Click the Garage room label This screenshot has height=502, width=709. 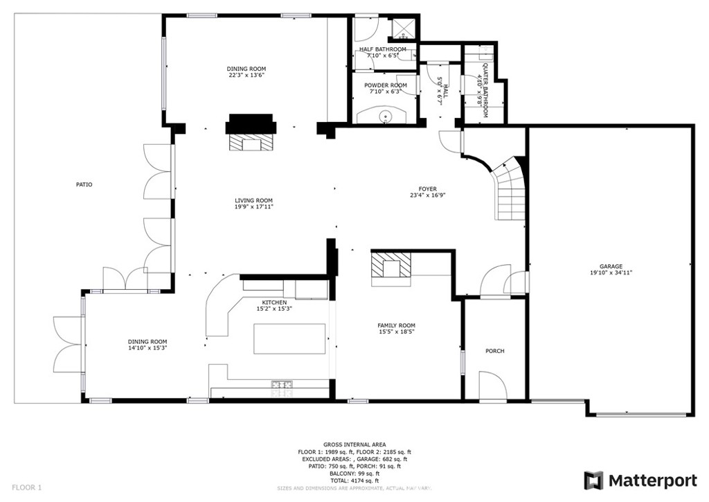coord(611,266)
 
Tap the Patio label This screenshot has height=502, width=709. coord(84,184)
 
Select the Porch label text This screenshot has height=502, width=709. coord(494,351)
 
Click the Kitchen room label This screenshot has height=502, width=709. coord(274,302)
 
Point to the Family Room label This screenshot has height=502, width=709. coord(396,325)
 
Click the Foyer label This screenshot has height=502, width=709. coord(427,189)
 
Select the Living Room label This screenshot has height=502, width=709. coord(253,200)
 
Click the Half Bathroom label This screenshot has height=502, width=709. coord(382,49)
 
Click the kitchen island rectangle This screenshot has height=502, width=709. coord(289,339)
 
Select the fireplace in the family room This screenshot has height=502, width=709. coord(391,267)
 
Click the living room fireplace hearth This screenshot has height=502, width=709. coord(251,142)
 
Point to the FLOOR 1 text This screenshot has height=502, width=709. coord(27,487)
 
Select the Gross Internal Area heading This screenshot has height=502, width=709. coord(354,444)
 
